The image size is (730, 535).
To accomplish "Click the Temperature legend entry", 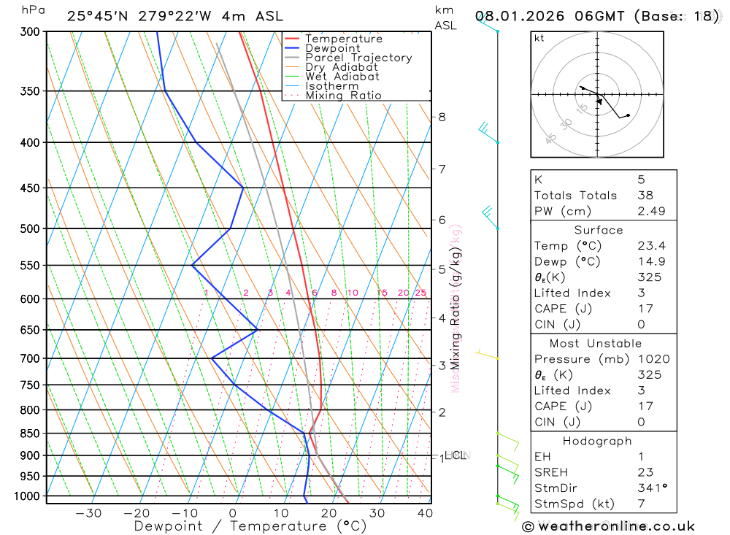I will [343, 39].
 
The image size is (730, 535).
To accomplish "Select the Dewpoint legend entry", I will [332, 48].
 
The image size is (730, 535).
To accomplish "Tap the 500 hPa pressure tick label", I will [30, 228].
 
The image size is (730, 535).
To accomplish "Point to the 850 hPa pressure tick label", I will [30, 434].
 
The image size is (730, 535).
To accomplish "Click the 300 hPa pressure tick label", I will [30, 32].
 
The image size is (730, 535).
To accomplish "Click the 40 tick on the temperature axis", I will [423, 513].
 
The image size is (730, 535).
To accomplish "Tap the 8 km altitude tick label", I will [442, 117].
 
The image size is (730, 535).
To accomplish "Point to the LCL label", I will [455, 455].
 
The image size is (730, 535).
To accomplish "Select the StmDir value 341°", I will [650, 488].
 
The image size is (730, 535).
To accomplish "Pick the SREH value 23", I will [645, 472].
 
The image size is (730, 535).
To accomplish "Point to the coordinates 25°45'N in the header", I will [96, 16].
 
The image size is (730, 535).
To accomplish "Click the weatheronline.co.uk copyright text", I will [609, 526].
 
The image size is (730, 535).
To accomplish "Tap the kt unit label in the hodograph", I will [539, 38].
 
